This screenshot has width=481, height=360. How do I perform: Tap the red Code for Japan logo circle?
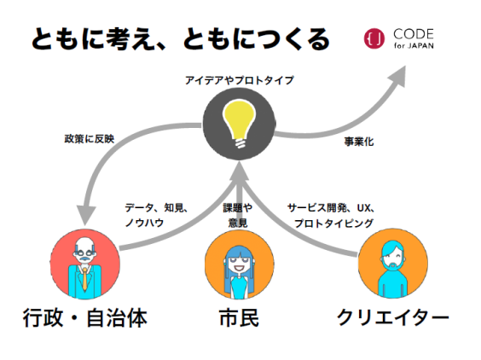[x=374, y=38]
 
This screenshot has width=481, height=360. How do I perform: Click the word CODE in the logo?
[x=414, y=34]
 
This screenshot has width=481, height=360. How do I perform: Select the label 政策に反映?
[x=90, y=139]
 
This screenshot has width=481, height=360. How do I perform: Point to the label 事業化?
[x=359, y=142]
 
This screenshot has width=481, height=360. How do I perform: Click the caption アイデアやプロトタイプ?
[x=240, y=80]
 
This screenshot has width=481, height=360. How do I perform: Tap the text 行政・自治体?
[x=85, y=317]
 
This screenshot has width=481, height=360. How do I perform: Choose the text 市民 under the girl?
[x=240, y=317]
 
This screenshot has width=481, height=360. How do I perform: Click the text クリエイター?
[x=393, y=317]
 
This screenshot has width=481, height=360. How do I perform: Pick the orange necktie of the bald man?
[x=84, y=279]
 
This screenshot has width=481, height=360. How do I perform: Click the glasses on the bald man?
[x=84, y=253]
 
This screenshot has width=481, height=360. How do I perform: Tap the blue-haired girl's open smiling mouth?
[x=239, y=268]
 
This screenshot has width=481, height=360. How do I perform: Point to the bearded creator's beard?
[x=393, y=266]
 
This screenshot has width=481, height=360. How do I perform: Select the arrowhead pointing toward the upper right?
[x=397, y=76]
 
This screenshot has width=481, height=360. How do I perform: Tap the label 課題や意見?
[x=238, y=216]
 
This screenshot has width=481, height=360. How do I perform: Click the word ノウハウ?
[x=144, y=223]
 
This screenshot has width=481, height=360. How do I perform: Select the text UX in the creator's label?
[x=364, y=208]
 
